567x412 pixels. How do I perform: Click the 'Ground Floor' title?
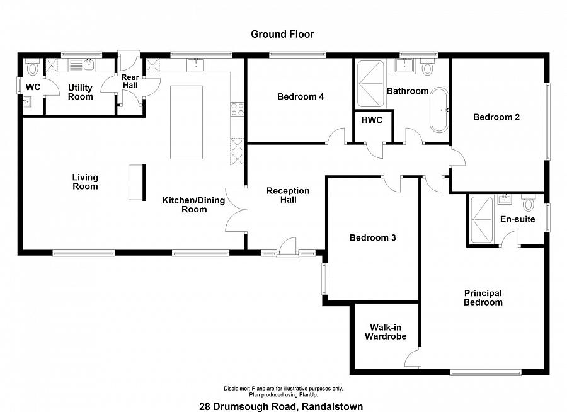click(x=282, y=35)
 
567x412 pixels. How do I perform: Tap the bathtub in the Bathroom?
click(x=439, y=110)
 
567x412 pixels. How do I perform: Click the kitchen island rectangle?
click(x=186, y=122)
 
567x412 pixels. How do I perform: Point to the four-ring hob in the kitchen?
click(x=238, y=109)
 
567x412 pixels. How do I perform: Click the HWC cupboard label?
click(x=372, y=120)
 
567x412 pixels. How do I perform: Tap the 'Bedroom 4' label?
click(x=301, y=96)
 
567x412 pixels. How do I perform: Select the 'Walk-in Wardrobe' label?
click(x=386, y=332)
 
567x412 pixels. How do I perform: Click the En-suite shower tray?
click(x=481, y=219)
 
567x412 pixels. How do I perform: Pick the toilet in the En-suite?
click(x=529, y=203)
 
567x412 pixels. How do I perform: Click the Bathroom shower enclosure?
click(x=370, y=84)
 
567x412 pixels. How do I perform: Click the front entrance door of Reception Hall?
click(x=287, y=248)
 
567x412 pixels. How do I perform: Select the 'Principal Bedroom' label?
click(x=483, y=298)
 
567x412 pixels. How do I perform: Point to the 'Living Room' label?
click(x=85, y=181)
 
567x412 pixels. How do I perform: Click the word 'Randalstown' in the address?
click(x=332, y=406)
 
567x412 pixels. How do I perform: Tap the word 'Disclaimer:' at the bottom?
click(x=236, y=389)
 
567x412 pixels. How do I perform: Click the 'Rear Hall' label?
click(x=130, y=81)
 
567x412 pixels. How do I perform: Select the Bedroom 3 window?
click(x=324, y=278)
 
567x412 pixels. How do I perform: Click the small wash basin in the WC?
click(x=27, y=102)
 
